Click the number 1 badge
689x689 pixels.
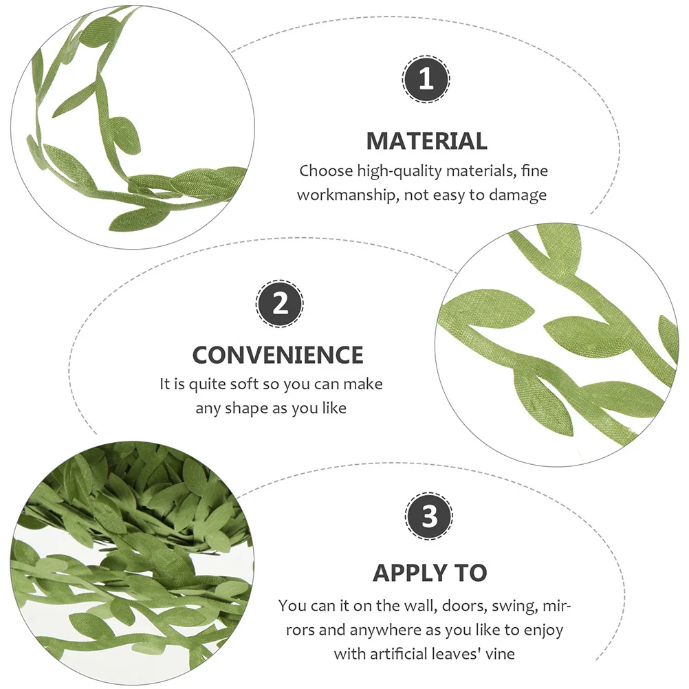click(426, 80)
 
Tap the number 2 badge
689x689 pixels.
click(280, 303)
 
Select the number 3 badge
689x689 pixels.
click(429, 516)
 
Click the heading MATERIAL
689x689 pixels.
click(426, 141)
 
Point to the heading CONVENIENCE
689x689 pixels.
click(278, 355)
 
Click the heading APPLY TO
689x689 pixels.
click(430, 572)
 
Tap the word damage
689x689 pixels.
click(518, 195)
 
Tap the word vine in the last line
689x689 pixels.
click(499, 653)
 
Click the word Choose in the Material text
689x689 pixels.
click(325, 171)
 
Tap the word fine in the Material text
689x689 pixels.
click(534, 171)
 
